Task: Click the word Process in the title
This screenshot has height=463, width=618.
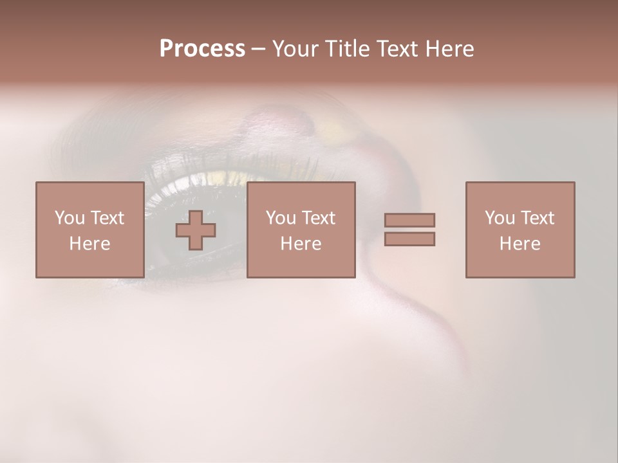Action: [202, 49]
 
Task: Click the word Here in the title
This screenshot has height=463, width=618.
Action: [450, 49]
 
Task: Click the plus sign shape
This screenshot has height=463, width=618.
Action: [196, 230]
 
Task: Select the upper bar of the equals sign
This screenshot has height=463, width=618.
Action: [409, 220]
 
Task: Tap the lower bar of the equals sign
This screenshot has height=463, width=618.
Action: [409, 239]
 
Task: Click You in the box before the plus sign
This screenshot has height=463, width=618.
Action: [69, 218]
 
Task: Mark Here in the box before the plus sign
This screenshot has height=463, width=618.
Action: [89, 244]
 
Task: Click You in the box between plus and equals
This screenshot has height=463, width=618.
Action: [281, 218]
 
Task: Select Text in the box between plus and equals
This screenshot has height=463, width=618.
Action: [318, 218]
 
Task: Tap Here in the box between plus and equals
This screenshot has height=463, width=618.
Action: [301, 244]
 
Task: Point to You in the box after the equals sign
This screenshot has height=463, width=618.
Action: [500, 218]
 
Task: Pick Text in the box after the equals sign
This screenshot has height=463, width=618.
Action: [537, 218]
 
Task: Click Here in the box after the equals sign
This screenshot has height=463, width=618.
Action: [520, 244]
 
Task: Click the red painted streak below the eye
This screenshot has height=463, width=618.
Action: [451, 334]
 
